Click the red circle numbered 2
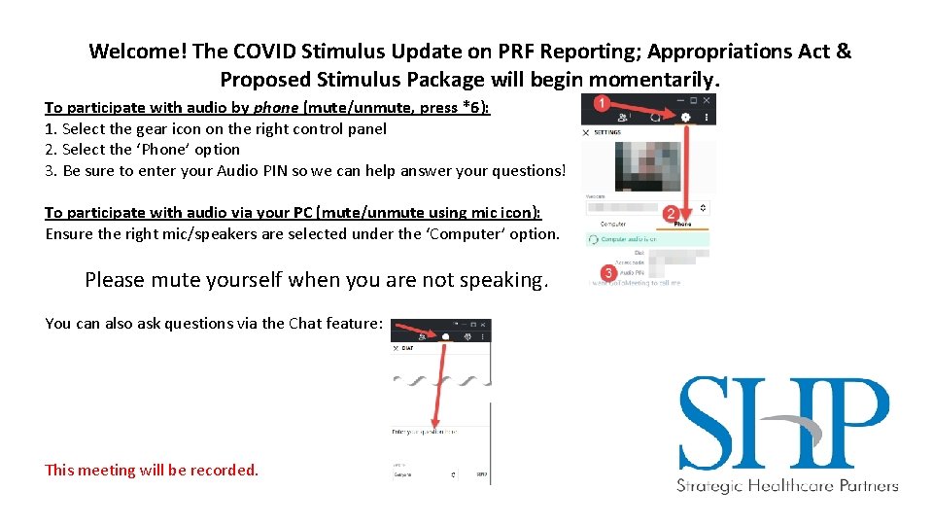[x=671, y=213]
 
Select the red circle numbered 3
[x=608, y=273]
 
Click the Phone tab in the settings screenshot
[x=682, y=224]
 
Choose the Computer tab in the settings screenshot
[x=613, y=224]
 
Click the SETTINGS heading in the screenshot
[x=607, y=132]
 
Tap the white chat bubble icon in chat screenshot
[x=445, y=335]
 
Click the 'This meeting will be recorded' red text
[x=152, y=471]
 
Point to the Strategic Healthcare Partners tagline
[x=787, y=486]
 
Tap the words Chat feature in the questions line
[x=336, y=324]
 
